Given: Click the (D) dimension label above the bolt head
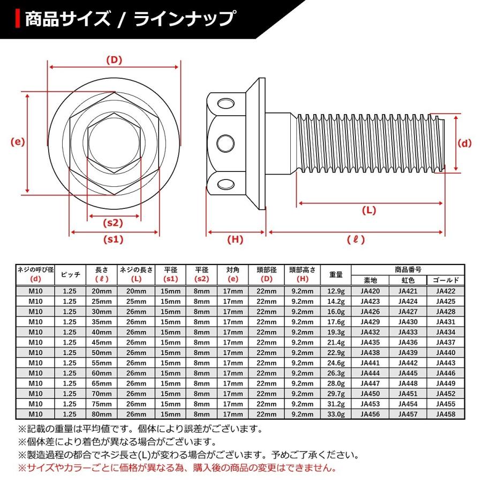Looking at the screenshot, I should pyautogui.click(x=114, y=60).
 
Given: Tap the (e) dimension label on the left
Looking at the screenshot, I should pyautogui.click(x=18, y=142).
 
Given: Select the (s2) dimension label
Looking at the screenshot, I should pyautogui.click(x=114, y=223).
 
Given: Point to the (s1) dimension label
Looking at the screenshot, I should pyautogui.click(x=114, y=239).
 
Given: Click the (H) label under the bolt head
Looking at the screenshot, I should pyautogui.click(x=236, y=240).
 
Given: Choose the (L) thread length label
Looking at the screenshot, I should pyautogui.click(x=370, y=210).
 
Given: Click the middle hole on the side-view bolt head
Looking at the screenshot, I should pyautogui.click(x=226, y=143).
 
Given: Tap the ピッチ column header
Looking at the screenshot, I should pyautogui.click(x=71, y=275).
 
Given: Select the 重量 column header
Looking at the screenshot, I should pyautogui.click(x=336, y=275).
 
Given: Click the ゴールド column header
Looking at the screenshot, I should pyautogui.click(x=445, y=280).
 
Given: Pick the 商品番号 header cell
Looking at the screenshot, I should pyautogui.click(x=408, y=269).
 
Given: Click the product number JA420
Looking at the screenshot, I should pyautogui.click(x=370, y=291).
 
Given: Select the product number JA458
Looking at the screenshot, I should pyautogui.click(x=445, y=414).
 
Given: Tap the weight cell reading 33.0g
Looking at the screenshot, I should pyautogui.click(x=336, y=414).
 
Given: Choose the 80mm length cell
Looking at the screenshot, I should pyautogui.click(x=102, y=414).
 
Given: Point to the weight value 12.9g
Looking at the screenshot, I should pyautogui.click(x=336, y=291).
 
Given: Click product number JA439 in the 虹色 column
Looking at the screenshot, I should pyautogui.click(x=408, y=352).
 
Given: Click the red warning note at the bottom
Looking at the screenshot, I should pyautogui.click(x=177, y=468).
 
